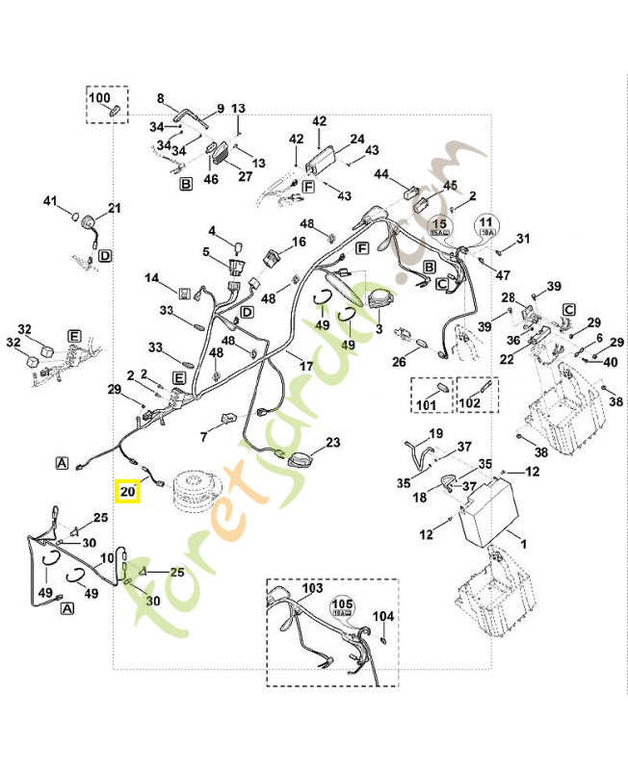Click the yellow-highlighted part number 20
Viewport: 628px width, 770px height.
coord(127,491)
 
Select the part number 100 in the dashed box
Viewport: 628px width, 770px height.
coord(100,97)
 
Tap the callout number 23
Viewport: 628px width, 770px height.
coord(333,443)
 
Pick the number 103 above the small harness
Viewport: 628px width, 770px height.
coord(311,586)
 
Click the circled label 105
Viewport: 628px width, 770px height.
coord(343,605)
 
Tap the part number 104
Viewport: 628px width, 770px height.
coord(382,615)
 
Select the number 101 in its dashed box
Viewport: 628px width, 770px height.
coord(424,404)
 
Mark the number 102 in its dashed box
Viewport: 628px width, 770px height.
coord(469,404)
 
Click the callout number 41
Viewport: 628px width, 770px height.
coord(51,201)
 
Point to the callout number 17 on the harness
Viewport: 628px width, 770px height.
coord(306,367)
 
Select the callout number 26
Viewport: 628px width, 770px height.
coord(399,362)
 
